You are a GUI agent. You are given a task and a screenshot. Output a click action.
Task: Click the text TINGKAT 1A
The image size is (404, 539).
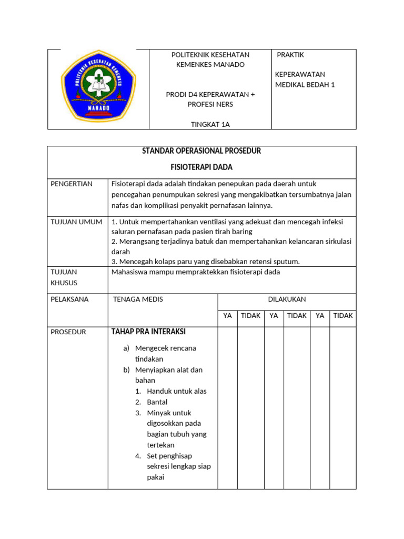pyautogui.click(x=210, y=125)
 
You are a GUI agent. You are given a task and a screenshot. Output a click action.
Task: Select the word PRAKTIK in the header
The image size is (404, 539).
pyautogui.click(x=290, y=55)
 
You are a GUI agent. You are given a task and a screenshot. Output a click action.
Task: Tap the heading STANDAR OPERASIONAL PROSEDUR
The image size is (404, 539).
pyautogui.click(x=201, y=151)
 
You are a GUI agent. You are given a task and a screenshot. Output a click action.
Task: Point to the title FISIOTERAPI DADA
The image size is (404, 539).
pyautogui.click(x=201, y=167)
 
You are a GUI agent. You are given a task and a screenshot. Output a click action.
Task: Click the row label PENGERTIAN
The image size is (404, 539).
pyautogui.click(x=72, y=184)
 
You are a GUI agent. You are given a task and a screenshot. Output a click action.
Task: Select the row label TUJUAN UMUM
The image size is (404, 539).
pyautogui.click(x=76, y=222)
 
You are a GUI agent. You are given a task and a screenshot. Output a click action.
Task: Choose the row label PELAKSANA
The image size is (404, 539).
pyautogui.click(x=70, y=300)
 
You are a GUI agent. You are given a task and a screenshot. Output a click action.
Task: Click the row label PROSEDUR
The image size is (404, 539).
pyautogui.click(x=68, y=332)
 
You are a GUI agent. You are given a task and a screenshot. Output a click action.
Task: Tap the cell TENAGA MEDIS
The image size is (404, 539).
pyautogui.click(x=138, y=300)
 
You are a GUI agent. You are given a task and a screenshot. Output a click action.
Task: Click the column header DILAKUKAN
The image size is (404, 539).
pyautogui.click(x=287, y=300)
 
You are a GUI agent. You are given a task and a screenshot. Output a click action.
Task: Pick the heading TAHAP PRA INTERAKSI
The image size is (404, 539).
pyautogui.click(x=148, y=332)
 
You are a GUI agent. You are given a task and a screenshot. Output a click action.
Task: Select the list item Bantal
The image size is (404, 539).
pyautogui.click(x=157, y=402)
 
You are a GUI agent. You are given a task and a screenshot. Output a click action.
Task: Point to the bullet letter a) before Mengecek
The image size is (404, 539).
pyautogui.click(x=126, y=348)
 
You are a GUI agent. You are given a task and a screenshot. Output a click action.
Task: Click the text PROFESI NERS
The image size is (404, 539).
pyautogui.click(x=210, y=104)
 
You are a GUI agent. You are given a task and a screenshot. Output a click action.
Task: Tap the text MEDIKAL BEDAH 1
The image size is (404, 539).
pyautogui.click(x=305, y=85)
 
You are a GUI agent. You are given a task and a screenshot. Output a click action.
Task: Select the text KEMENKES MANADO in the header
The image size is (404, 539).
pyautogui.click(x=210, y=65)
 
